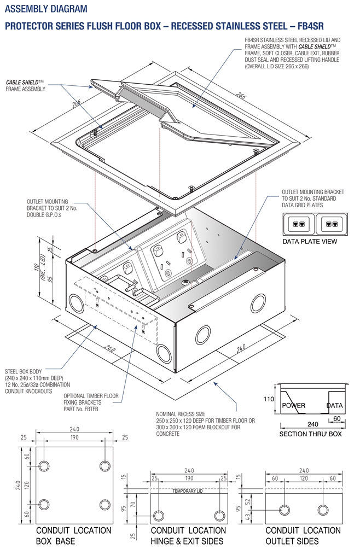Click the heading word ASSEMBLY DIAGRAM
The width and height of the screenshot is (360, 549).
pos(45,9)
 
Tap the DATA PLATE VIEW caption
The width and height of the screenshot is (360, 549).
pos(310,241)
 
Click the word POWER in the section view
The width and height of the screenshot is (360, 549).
pos(293,406)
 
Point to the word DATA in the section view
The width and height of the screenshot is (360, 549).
pos(334,406)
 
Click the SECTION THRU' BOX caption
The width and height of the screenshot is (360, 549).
pos(310,434)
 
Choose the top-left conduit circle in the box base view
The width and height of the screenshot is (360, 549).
pos(44,465)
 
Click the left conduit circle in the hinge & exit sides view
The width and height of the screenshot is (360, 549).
pos(159,515)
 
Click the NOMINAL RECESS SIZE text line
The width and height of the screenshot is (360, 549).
pos(183,414)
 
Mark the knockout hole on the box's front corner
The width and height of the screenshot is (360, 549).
pos(163,351)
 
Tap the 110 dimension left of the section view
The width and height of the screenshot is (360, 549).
pos(269,400)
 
